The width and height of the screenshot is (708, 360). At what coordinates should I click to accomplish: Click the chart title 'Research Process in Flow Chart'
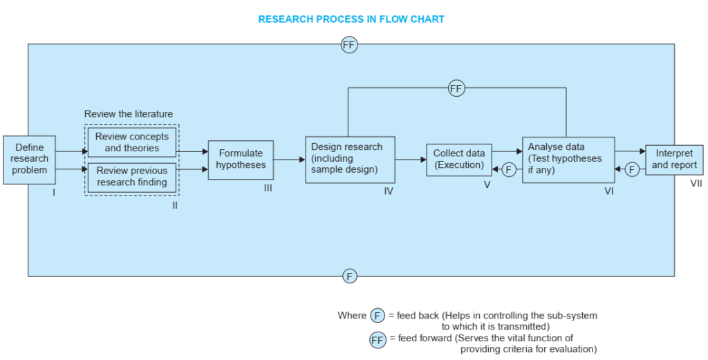[351, 19]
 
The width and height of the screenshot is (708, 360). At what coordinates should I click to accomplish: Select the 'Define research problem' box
[29, 160]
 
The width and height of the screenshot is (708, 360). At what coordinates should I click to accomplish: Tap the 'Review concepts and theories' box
[132, 142]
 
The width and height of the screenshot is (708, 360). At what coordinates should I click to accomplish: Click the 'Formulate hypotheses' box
[241, 160]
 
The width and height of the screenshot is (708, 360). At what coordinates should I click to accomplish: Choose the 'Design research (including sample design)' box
[350, 160]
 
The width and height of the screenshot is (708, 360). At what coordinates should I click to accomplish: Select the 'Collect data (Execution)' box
[459, 160]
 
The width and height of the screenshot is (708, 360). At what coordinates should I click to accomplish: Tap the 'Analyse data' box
[568, 160]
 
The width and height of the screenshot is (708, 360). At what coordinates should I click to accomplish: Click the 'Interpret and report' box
[674, 160]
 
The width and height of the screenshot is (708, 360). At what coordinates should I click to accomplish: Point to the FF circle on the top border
[349, 45]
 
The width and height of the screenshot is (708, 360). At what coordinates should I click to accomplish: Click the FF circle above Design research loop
[456, 88]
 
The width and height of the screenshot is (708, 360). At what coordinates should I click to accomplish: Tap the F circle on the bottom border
[349, 276]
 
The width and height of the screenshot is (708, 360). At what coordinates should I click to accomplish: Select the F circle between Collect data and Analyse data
[509, 169]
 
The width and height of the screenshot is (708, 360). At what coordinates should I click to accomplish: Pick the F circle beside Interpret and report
[632, 169]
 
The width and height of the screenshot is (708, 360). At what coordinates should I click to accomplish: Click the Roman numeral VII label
[696, 184]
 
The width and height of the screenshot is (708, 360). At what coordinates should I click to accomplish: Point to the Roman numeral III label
[268, 188]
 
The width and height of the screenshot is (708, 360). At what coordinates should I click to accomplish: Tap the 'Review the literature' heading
[129, 114]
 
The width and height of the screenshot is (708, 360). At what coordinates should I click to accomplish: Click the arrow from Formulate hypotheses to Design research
[290, 159]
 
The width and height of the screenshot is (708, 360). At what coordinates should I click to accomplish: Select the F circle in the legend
[378, 316]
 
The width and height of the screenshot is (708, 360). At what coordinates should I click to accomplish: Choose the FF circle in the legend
[378, 340]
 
